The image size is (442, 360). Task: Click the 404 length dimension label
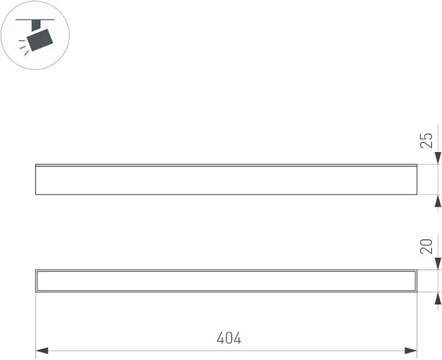tap(229, 338)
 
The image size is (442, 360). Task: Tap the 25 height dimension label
tap(426, 140)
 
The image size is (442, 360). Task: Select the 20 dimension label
tap(426, 246)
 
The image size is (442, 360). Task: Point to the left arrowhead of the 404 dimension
tap(42, 351)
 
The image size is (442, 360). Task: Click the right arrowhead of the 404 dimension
tap(411, 351)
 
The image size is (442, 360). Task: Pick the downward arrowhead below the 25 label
tap(437, 158)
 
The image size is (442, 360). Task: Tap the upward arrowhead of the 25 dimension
tap(437, 201)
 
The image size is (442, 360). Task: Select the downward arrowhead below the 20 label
tap(437, 263)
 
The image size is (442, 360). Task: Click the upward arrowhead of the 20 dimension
tap(437, 298)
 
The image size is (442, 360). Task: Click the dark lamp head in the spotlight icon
tap(40, 40)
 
